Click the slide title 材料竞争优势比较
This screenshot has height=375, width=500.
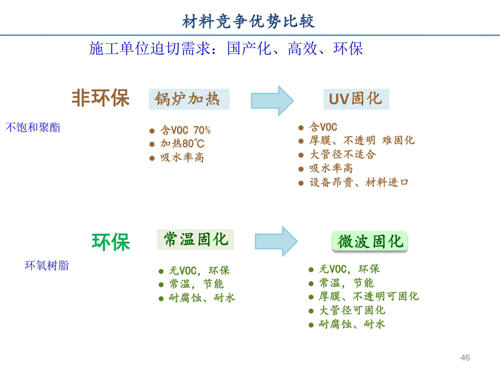click(248, 21)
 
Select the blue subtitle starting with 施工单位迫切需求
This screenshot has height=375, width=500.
click(226, 49)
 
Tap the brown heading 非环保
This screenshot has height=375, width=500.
click(101, 97)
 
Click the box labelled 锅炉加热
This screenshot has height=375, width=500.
click(189, 99)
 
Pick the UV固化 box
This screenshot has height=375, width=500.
click(356, 99)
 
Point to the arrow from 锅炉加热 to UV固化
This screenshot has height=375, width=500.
click(272, 101)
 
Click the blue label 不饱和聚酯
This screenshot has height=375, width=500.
click(33, 127)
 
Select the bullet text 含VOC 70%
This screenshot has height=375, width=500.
click(185, 130)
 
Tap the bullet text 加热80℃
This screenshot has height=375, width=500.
click(182, 144)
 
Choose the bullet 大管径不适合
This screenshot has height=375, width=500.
click(342, 154)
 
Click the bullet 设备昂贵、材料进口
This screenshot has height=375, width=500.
click(359, 182)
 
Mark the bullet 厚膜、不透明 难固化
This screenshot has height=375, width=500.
click(362, 140)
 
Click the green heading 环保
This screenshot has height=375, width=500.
click(111, 242)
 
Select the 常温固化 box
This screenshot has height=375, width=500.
click(196, 239)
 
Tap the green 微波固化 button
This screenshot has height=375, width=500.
click(370, 241)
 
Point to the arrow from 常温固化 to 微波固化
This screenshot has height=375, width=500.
click(276, 241)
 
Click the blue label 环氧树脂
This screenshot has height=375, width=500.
click(47, 265)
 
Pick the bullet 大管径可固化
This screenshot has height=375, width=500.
click(352, 310)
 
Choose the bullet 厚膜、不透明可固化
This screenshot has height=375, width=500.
click(369, 296)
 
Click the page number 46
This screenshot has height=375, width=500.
click(465, 357)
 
